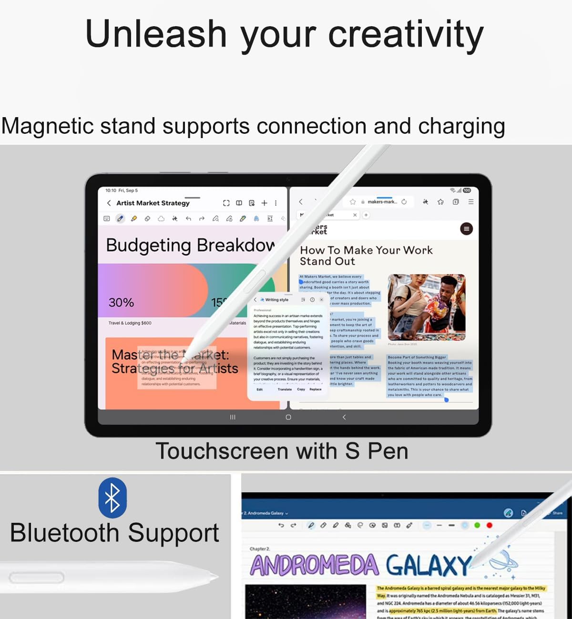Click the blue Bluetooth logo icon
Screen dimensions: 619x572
tap(112, 498)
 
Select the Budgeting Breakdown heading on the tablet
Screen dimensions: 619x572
tap(190, 245)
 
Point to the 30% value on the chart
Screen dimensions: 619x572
tap(121, 302)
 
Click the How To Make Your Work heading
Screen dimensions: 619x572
tap(366, 250)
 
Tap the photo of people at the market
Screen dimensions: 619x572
tap(426, 307)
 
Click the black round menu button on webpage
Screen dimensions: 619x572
tap(466, 229)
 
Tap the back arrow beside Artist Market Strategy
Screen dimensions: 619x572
tap(109, 203)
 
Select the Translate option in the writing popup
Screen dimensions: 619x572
tap(285, 389)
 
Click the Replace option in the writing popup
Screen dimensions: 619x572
tap(315, 389)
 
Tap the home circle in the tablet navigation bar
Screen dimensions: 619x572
tap(288, 417)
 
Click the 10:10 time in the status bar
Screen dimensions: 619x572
tap(111, 190)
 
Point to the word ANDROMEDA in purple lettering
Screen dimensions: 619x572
tap(315, 565)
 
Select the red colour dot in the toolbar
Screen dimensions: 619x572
tap(489, 525)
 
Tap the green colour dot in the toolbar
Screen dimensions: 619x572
tap(477, 525)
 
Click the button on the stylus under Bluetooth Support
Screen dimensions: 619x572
tap(36, 578)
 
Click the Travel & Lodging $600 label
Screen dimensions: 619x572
tap(130, 323)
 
